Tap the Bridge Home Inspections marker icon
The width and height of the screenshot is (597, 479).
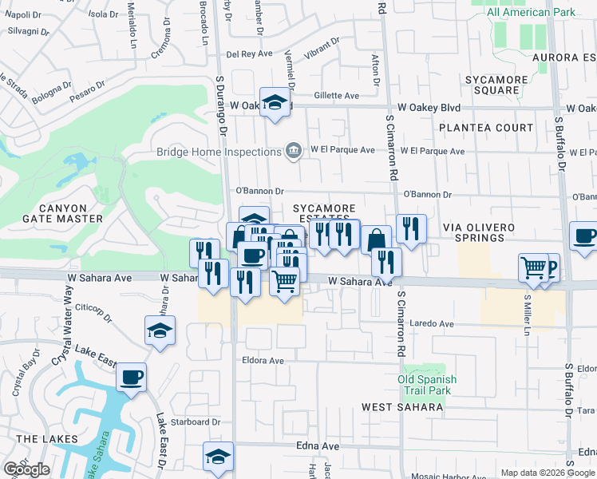294,150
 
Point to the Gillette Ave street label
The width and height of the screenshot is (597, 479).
336,95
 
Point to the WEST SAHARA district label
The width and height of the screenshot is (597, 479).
402,407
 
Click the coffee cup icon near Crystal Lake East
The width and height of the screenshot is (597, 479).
131,377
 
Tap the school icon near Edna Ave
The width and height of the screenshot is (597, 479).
218,457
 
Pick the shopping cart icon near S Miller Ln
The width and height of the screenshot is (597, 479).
533,268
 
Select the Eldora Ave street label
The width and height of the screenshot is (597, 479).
263,360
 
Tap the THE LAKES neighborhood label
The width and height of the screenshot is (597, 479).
46,439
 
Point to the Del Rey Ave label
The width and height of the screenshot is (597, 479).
250,54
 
